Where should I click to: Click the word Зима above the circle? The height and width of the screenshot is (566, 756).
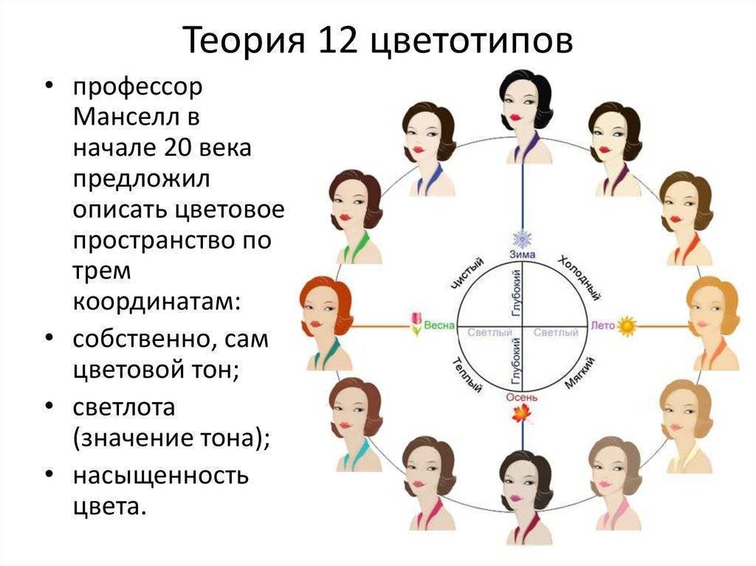click(523, 254)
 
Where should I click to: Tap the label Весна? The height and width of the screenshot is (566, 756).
click(439, 325)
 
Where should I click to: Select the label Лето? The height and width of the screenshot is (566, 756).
click(602, 325)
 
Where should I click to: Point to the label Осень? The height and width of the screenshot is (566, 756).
click(522, 397)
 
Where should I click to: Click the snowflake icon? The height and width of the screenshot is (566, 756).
click(522, 238)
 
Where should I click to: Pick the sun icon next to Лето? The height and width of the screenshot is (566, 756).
click(627, 326)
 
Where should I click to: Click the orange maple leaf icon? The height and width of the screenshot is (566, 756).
click(522, 414)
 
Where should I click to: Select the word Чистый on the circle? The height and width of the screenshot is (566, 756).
click(467, 274)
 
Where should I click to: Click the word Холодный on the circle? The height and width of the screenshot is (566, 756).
click(580, 278)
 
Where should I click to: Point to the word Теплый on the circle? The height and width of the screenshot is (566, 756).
click(467, 375)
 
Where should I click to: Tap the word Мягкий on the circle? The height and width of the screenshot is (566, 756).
click(580, 373)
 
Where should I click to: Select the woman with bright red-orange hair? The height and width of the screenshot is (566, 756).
click(327, 322)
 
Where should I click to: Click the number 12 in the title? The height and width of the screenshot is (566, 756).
click(337, 40)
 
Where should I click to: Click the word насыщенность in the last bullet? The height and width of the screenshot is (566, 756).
click(160, 475)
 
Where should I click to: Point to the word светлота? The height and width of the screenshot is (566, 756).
click(124, 407)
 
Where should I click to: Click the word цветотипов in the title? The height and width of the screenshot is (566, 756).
click(472, 41)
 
